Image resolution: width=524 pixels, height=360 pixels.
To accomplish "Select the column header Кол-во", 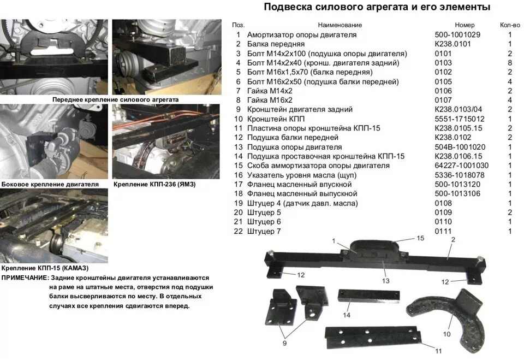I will pyautogui.click(x=510, y=25).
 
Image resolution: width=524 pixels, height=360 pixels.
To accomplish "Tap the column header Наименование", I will pyautogui.click(x=340, y=25).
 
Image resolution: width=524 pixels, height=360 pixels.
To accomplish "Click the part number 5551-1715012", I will pyautogui.click(x=459, y=119).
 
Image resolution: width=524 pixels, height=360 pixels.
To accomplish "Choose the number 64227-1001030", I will pyautogui.click(x=461, y=166).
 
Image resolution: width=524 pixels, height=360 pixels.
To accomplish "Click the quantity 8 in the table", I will pyautogui.click(x=510, y=63).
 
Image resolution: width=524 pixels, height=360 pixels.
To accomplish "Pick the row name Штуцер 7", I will pyautogui.click(x=264, y=231).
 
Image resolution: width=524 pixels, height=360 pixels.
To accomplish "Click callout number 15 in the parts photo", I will pyautogui.click(x=420, y=238).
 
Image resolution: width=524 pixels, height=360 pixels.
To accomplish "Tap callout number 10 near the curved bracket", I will pyautogui.click(x=446, y=333).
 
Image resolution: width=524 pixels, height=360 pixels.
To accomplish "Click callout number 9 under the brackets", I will pyautogui.click(x=284, y=343).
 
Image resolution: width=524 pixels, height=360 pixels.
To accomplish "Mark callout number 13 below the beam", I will pyautogui.click(x=385, y=280).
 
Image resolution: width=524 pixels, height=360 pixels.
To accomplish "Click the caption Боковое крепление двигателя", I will pyautogui.click(x=50, y=185).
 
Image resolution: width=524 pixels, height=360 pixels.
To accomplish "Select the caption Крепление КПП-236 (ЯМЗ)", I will pyautogui.click(x=154, y=185).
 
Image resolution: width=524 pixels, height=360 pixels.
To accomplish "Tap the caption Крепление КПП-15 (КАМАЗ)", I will pyautogui.click(x=45, y=268).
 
